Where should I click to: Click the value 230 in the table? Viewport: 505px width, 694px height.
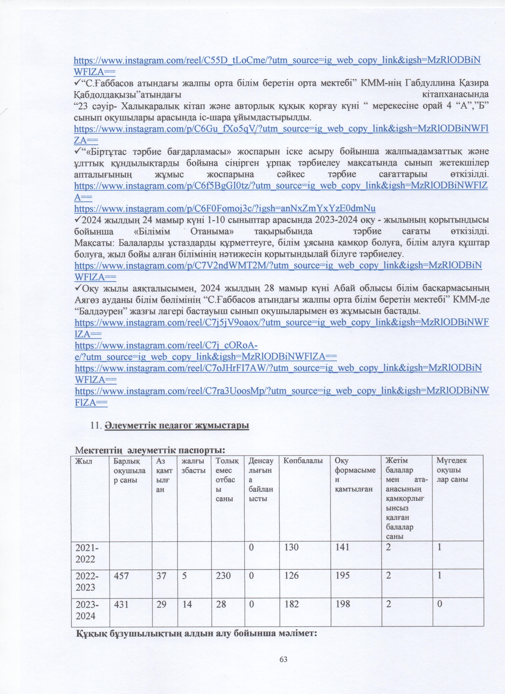(223, 576)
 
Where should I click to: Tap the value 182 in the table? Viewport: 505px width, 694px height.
(291, 604)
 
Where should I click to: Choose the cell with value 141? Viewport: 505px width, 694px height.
(342, 547)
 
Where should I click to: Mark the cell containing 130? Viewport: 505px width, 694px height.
(291, 547)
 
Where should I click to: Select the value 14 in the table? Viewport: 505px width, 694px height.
(187, 604)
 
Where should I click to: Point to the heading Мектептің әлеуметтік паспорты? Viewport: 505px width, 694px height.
(150, 450)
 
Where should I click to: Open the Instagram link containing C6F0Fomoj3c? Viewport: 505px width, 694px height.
(225, 209)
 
